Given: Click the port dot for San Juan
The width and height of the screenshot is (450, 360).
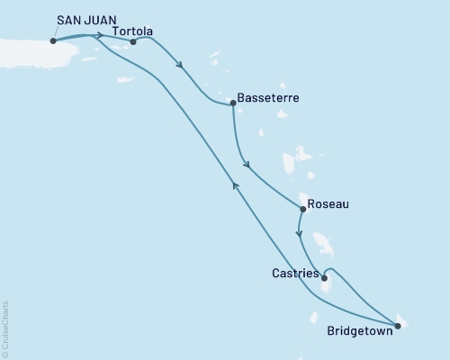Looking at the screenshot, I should coord(54,40).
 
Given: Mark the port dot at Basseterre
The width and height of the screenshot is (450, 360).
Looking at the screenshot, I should coord(233,103).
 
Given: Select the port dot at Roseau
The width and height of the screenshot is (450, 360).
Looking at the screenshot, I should coord(302,210).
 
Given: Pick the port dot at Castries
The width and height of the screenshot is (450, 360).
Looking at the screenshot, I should coord(323,278).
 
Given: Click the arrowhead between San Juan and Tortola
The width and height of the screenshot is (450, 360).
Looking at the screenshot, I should coord(97,37).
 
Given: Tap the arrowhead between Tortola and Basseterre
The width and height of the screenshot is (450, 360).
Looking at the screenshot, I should coord(183,65).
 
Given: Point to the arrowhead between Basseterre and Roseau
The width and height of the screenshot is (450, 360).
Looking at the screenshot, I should coord(246,165).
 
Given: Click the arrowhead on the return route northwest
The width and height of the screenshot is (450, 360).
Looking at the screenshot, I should coord(236,184).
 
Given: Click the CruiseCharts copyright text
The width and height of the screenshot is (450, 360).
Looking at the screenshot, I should coord(5,328).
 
